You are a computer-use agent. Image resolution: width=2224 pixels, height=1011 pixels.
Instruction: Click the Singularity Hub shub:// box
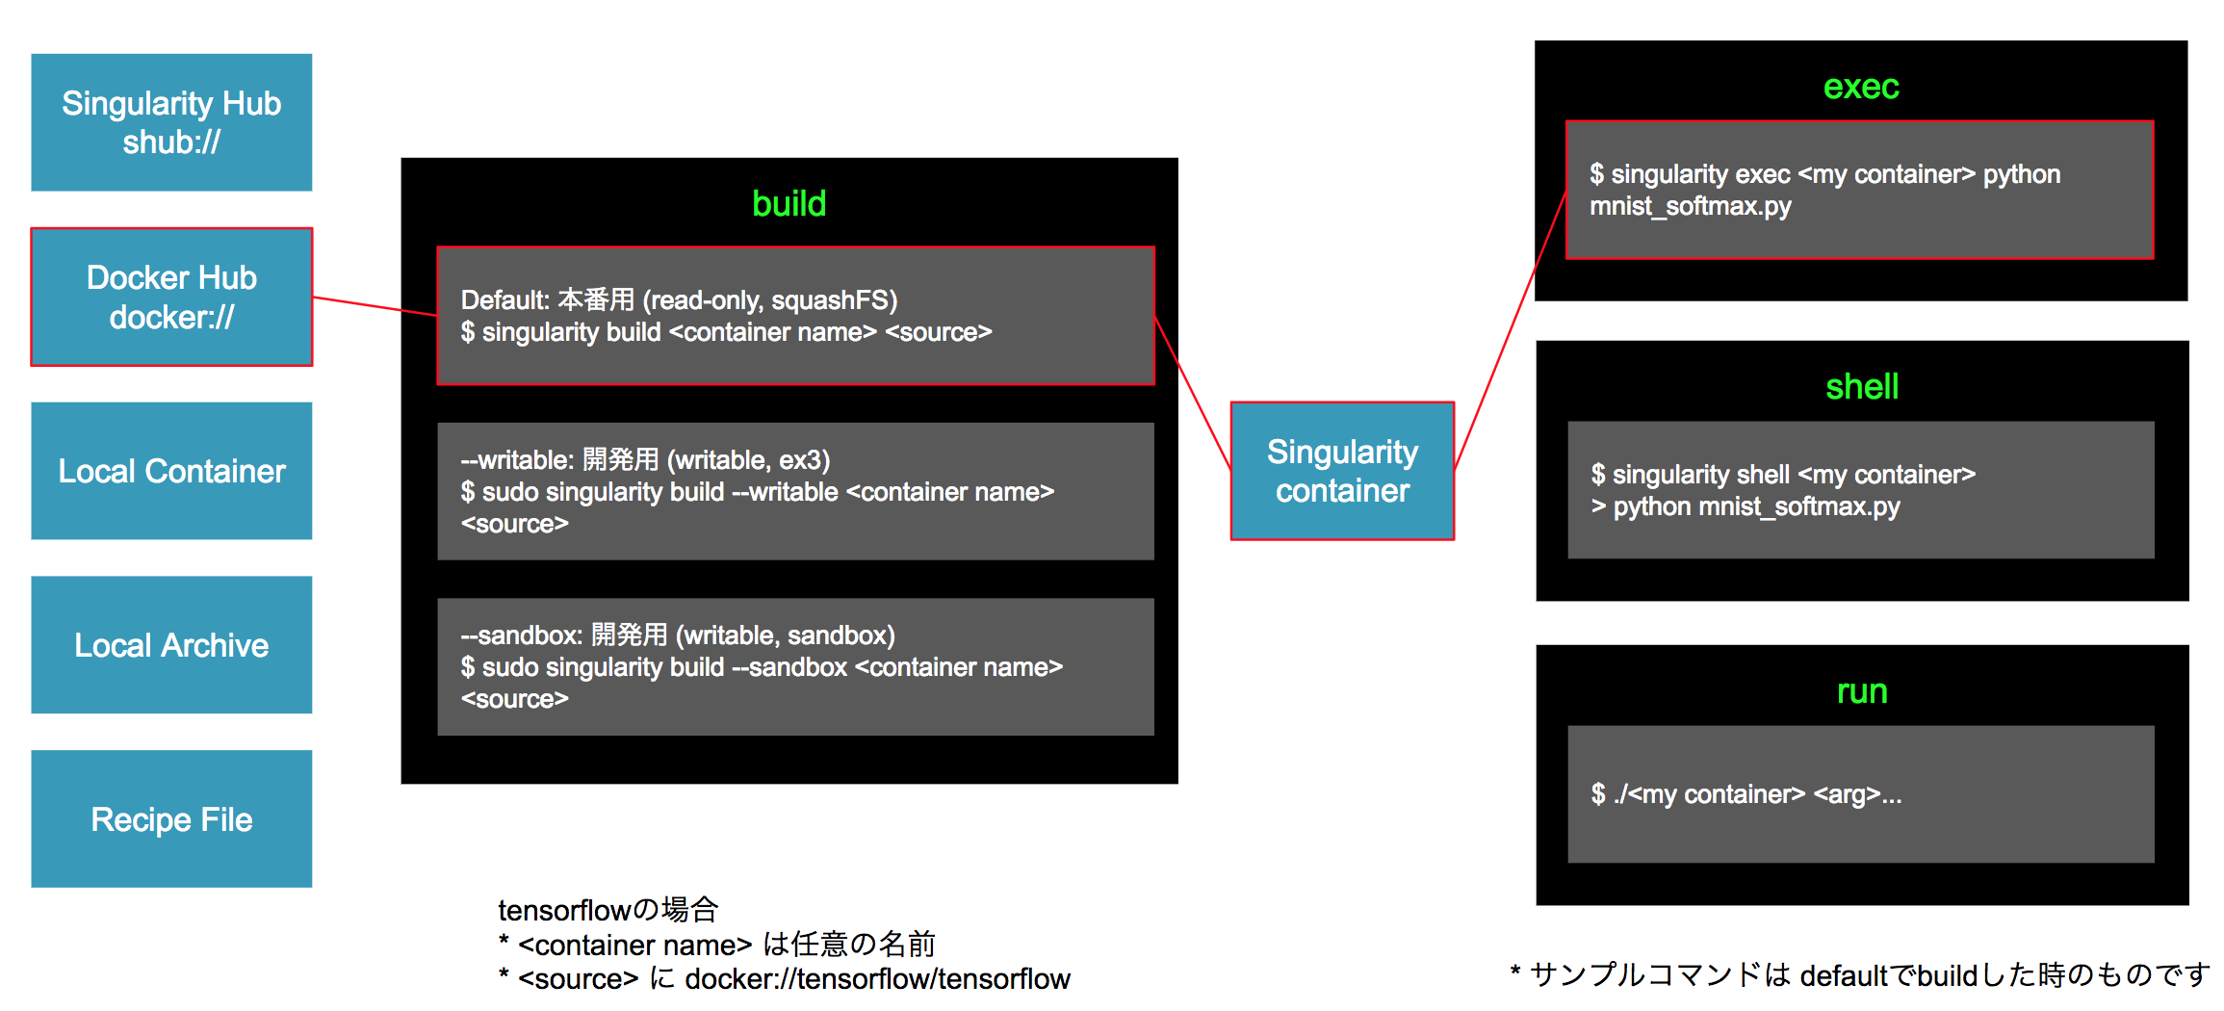click(171, 122)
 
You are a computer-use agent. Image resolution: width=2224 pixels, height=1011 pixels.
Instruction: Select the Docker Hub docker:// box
click(171, 297)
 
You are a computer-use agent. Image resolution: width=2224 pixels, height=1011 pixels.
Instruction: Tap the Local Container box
click(171, 471)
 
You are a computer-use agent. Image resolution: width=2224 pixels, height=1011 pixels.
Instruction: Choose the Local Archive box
click(171, 645)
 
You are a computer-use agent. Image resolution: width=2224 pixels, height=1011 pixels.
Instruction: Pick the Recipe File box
click(171, 819)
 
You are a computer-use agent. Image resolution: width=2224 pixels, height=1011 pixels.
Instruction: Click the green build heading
click(789, 204)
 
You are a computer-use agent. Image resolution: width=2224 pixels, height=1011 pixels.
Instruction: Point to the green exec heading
click(1860, 88)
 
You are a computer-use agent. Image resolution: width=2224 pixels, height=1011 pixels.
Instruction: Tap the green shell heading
click(1861, 387)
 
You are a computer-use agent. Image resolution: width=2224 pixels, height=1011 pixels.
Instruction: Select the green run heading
click(1861, 691)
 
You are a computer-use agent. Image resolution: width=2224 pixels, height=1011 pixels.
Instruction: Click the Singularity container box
click(1342, 471)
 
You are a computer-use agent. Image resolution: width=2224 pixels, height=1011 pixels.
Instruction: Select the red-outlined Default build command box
click(795, 316)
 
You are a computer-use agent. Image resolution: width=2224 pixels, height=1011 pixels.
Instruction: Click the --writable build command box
click(795, 491)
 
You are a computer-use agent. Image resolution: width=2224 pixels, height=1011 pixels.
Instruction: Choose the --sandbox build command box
click(795, 666)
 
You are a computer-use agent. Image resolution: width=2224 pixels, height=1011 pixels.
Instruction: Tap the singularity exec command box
click(1859, 190)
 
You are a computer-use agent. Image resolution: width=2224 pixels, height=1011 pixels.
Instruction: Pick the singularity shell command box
click(1860, 490)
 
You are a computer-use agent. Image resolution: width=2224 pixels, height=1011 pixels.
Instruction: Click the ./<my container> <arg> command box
click(1860, 794)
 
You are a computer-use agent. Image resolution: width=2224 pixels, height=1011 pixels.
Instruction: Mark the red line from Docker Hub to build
click(375, 306)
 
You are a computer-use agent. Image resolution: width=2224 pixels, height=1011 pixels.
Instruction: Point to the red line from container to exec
click(1510, 331)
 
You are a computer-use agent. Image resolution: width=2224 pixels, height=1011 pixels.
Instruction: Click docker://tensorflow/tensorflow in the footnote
click(877, 979)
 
